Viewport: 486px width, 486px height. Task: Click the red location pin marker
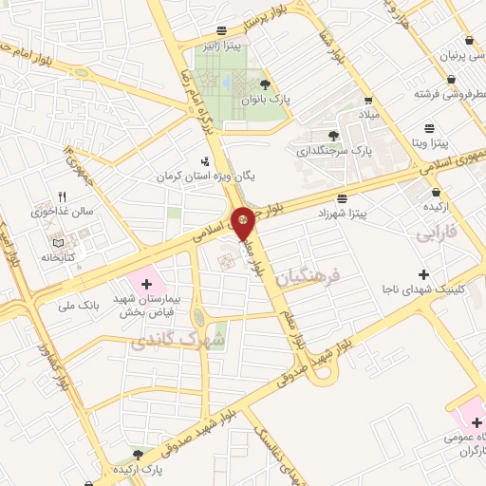click(x=244, y=222)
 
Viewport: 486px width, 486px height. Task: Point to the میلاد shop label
click(x=367, y=114)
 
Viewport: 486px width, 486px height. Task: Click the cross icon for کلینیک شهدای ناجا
click(x=423, y=274)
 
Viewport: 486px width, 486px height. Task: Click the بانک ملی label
click(x=79, y=305)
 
